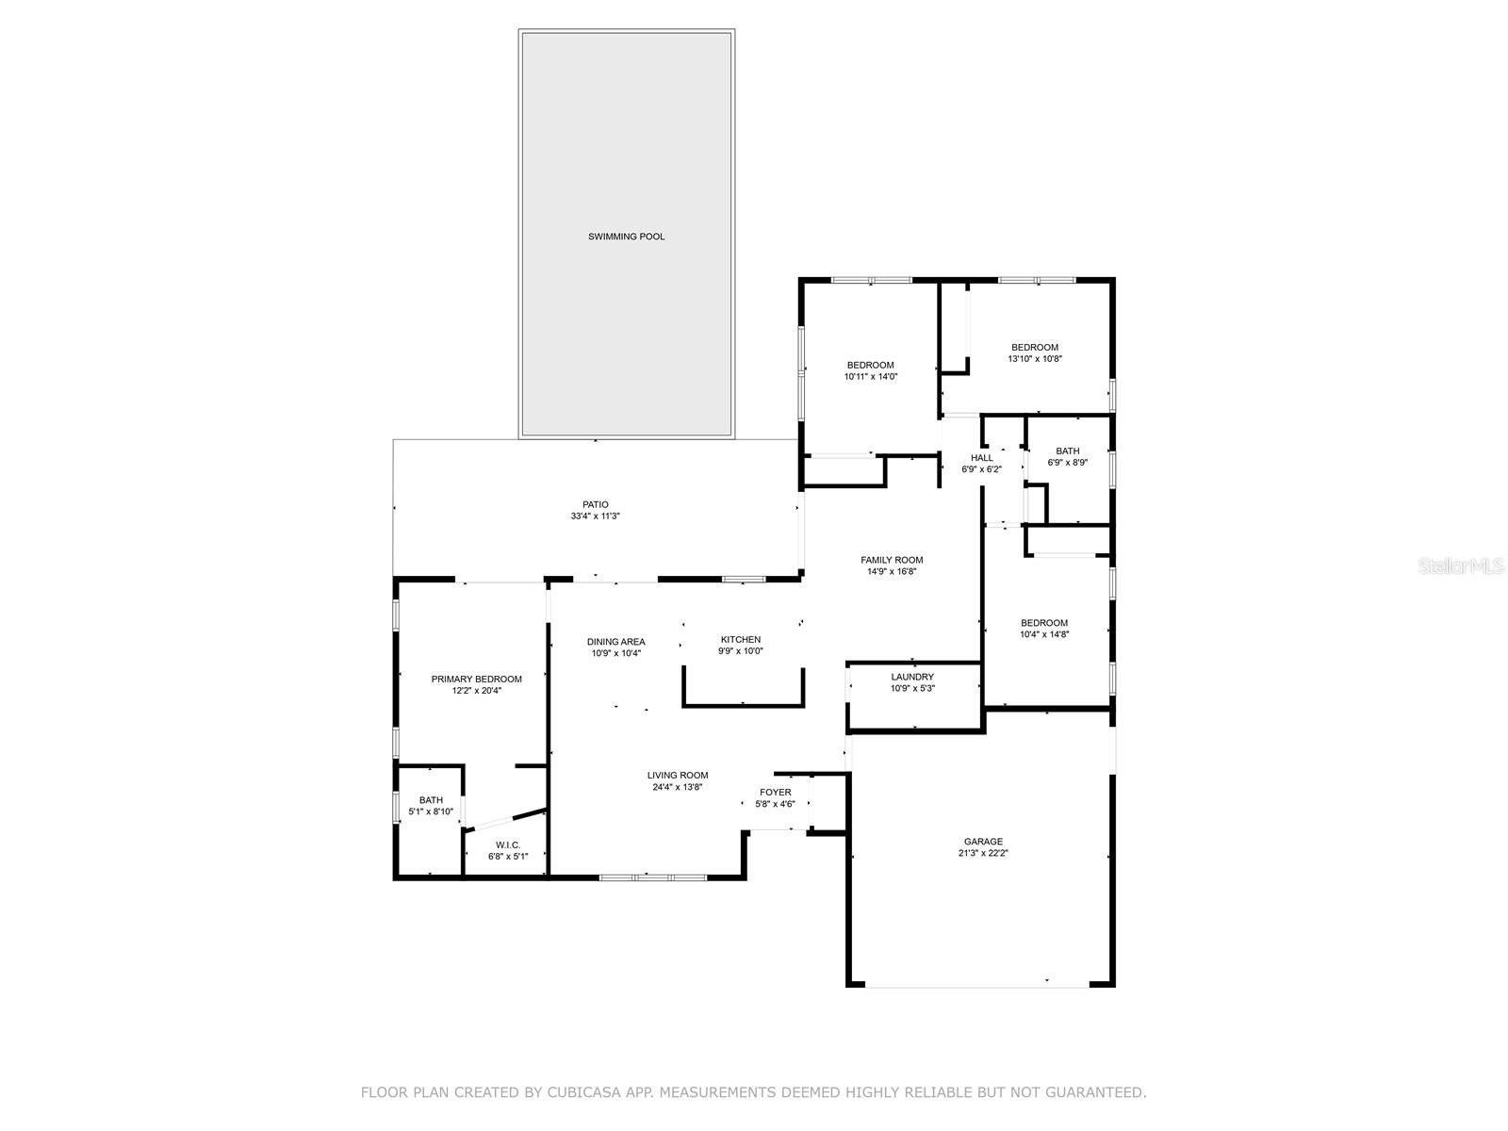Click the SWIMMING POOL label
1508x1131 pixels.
pyautogui.click(x=626, y=237)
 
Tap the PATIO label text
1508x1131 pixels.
pyautogui.click(x=595, y=505)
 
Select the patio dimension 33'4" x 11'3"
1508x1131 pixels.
pyautogui.click(x=595, y=516)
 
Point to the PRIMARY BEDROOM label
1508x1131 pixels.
pyautogui.click(x=476, y=680)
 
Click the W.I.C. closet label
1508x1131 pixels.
pyautogui.click(x=508, y=844)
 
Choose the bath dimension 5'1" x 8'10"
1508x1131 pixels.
pyautogui.click(x=431, y=811)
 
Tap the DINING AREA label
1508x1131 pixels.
pyautogui.click(x=615, y=642)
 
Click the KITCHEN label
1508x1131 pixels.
pyautogui.click(x=740, y=639)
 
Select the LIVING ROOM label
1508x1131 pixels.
pyautogui.click(x=677, y=776)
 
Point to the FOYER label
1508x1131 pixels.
pyautogui.click(x=775, y=793)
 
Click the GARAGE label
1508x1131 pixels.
pyautogui.click(x=983, y=842)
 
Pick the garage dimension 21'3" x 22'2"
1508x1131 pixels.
pyautogui.click(x=983, y=853)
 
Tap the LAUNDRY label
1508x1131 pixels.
pyautogui.click(x=911, y=677)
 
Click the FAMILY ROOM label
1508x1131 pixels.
pyautogui.click(x=891, y=560)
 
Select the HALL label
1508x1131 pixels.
pyautogui.click(x=981, y=458)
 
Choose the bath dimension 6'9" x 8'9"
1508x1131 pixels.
pyautogui.click(x=1067, y=462)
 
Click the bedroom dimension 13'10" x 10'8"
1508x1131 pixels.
pyautogui.click(x=1035, y=358)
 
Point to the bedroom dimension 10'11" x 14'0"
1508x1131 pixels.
pyautogui.click(x=871, y=376)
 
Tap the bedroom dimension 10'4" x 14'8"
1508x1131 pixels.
pyautogui.click(x=1043, y=634)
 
